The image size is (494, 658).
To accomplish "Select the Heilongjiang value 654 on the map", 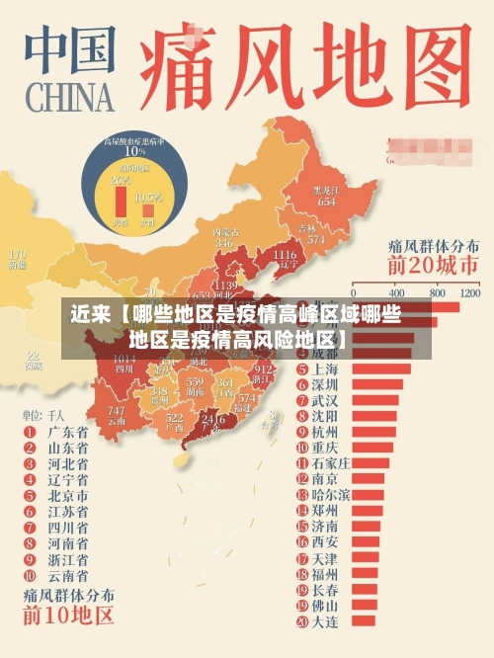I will pyautogui.click(x=326, y=201).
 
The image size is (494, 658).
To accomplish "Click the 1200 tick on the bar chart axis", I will pyautogui.click(x=469, y=293).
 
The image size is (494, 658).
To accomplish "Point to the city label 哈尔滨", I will pyautogui.click(x=330, y=494).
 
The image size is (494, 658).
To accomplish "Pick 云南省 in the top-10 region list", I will pyautogui.click(x=68, y=575).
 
